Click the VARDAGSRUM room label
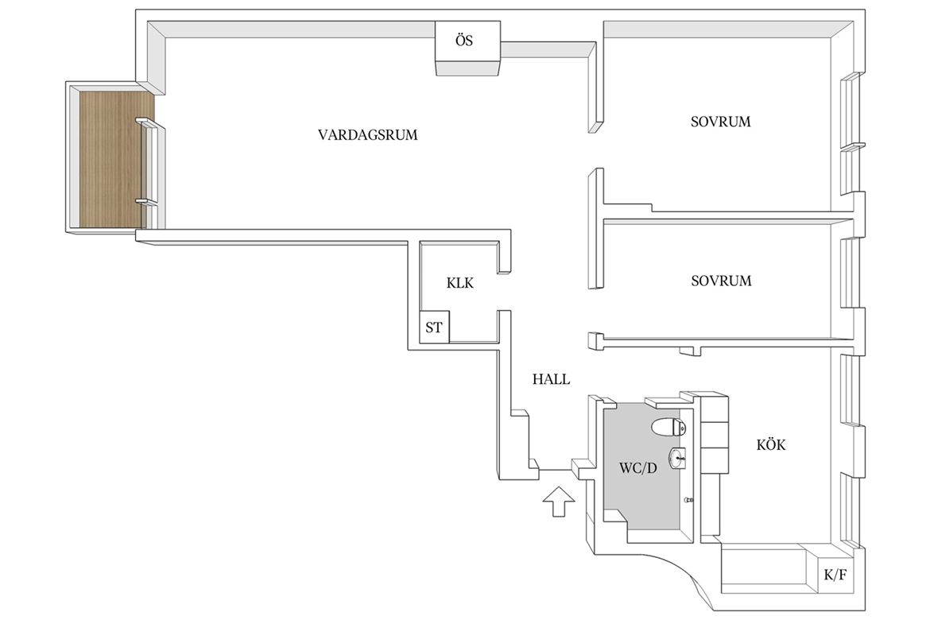(x=368, y=135)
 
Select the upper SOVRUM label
(x=721, y=122)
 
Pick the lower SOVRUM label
(x=721, y=281)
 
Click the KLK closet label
(x=460, y=284)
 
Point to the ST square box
(x=434, y=327)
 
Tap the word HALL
(x=551, y=379)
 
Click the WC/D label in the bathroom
(x=638, y=469)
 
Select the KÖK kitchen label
(x=771, y=445)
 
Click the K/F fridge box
(x=835, y=575)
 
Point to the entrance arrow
(x=559, y=502)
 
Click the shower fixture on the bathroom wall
(x=688, y=500)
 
